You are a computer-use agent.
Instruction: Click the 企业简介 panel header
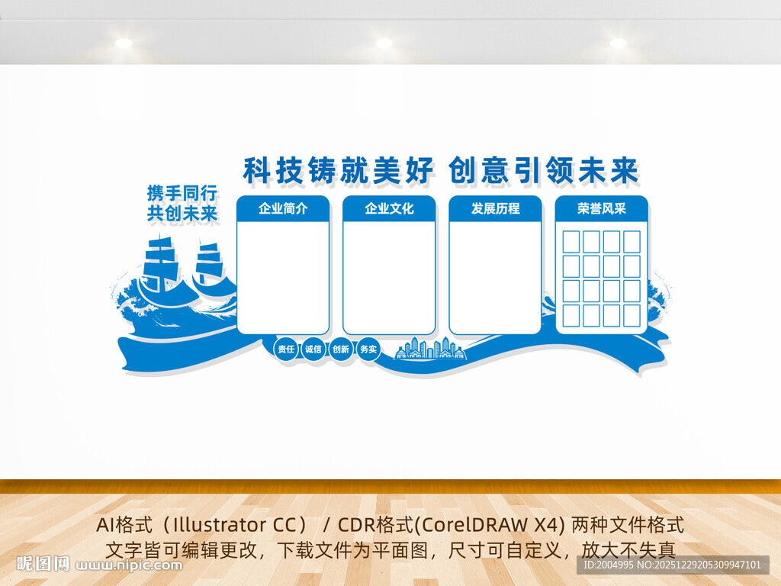click(283, 208)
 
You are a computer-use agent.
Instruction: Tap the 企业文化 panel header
click(389, 208)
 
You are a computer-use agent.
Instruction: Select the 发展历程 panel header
click(495, 208)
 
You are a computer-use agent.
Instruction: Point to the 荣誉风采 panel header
click(601, 208)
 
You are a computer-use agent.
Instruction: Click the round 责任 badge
click(286, 349)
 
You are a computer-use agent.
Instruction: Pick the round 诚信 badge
click(313, 349)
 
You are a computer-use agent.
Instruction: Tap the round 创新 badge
click(341, 349)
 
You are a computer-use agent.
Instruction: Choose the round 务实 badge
click(368, 349)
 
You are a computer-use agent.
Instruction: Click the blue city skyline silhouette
click(429, 349)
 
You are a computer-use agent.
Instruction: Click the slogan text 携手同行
click(182, 192)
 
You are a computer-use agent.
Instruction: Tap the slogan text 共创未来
click(182, 214)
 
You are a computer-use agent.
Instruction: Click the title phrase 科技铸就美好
click(339, 170)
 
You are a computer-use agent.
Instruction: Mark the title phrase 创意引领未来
click(543, 170)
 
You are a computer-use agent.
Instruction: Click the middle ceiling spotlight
click(384, 43)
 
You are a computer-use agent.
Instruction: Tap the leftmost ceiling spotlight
click(124, 43)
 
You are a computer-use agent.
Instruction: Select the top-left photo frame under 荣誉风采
click(571, 242)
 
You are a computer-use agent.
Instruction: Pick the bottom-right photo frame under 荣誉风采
click(632, 315)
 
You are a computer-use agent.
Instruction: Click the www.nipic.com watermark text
click(130, 565)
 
